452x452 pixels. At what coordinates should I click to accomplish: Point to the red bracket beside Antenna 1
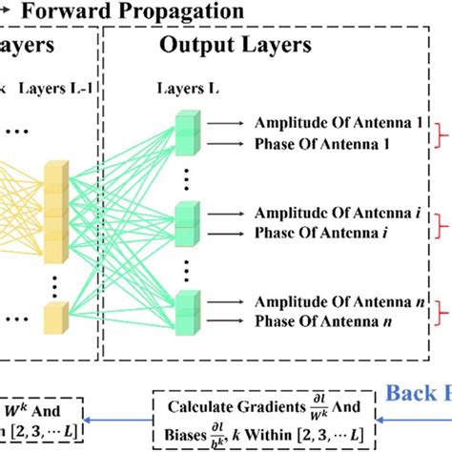tap(442, 134)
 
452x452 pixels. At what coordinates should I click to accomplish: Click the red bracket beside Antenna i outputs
tap(442, 222)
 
